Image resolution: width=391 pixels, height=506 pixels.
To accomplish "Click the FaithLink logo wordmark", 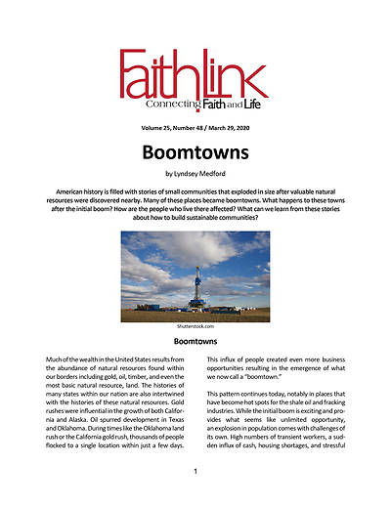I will pos(195,76).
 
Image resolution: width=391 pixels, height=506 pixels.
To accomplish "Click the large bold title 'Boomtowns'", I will pos(195,158).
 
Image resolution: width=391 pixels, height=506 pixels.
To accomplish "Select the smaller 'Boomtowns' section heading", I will pos(195,343).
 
